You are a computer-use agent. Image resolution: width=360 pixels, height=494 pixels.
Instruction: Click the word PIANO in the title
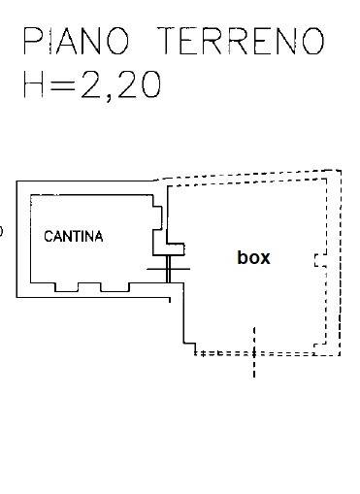[77, 41]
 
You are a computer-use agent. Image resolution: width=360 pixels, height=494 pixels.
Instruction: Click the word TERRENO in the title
[241, 41]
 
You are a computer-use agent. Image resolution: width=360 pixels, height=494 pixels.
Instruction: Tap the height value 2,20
[120, 84]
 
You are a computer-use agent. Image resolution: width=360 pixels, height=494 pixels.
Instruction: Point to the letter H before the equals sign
[33, 84]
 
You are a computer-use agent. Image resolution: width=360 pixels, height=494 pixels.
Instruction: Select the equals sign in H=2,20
[62, 85]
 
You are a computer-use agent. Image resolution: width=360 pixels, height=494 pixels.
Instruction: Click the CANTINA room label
[74, 237]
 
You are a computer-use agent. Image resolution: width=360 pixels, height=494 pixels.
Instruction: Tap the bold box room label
[253, 257]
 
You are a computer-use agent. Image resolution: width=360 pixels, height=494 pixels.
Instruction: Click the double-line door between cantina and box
[168, 269]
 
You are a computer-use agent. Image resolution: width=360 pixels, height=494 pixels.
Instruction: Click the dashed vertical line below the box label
[254, 352]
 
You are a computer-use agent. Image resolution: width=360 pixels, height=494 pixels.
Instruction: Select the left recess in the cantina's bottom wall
[66, 287]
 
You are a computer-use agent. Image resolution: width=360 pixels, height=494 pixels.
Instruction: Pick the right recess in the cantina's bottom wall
[115, 287]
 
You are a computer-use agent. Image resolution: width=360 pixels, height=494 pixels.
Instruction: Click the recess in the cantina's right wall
[157, 218]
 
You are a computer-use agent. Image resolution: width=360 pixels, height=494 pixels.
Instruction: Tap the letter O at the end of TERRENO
[313, 41]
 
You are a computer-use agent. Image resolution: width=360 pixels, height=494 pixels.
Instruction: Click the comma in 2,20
[109, 97]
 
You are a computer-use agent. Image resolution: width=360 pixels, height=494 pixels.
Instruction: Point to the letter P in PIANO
[33, 41]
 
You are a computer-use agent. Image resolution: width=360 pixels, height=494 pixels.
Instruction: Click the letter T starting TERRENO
[168, 41]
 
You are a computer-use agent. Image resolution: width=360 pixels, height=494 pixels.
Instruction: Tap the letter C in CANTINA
[49, 237]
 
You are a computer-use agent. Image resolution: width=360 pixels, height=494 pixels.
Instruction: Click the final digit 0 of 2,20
[150, 84]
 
